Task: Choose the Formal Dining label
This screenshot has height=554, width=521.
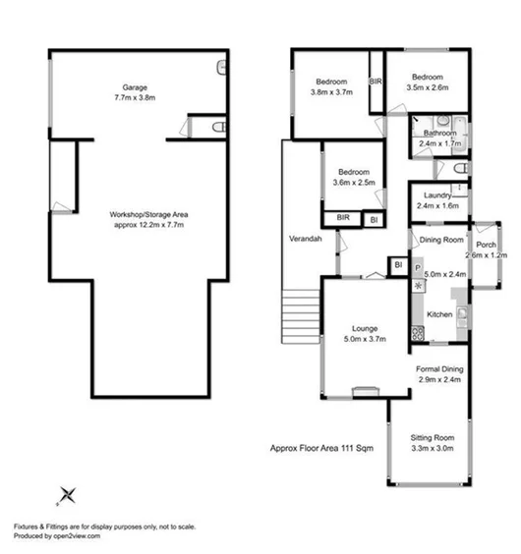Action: click(438, 369)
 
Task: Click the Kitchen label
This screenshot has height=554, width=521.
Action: click(438, 314)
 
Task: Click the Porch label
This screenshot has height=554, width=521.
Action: click(486, 245)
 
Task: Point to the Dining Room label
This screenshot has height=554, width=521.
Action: click(441, 239)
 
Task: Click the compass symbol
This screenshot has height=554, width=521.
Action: click(67, 494)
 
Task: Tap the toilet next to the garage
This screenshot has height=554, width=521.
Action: click(219, 128)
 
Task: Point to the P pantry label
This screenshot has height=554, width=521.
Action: click(417, 265)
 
